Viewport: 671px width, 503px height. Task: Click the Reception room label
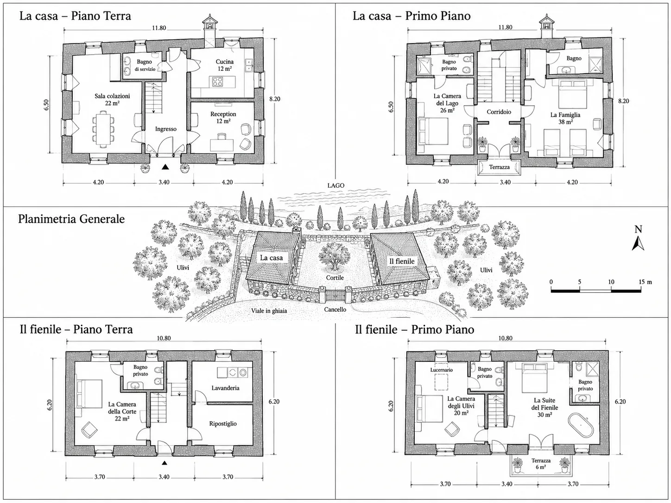click(x=223, y=114)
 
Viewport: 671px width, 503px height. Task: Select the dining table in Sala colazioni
click(x=102, y=129)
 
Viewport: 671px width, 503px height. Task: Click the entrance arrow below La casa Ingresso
click(x=165, y=167)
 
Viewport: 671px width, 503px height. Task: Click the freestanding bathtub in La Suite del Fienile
click(x=581, y=425)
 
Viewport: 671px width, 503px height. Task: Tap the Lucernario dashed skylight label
click(x=442, y=370)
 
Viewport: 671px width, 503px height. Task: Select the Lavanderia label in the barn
click(x=225, y=388)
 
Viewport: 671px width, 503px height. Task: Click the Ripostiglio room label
click(x=223, y=424)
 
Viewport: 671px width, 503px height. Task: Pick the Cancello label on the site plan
click(x=335, y=309)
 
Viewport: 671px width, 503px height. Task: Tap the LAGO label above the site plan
click(x=335, y=185)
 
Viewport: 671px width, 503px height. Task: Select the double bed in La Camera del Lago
click(x=433, y=132)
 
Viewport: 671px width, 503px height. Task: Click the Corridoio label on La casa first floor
click(x=499, y=112)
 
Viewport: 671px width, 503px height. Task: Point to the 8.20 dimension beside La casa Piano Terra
click(x=274, y=99)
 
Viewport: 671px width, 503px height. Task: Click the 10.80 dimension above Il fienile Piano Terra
click(x=164, y=339)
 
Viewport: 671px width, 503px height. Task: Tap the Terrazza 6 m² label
click(x=541, y=464)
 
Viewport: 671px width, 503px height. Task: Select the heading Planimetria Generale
click(x=71, y=219)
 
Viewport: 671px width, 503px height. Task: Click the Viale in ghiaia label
click(x=269, y=311)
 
